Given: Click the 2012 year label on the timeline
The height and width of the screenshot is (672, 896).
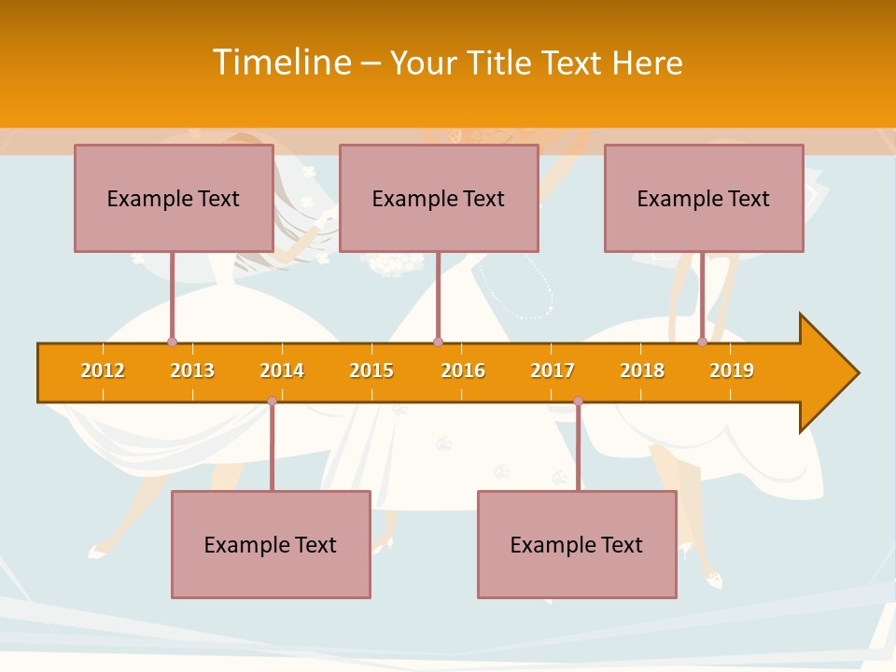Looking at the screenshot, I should point(103,371).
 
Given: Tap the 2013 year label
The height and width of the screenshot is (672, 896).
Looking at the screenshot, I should point(192,371).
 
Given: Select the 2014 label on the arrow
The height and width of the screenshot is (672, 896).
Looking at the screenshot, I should point(282,371).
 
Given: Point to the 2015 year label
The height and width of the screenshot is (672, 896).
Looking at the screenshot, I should point(371,371).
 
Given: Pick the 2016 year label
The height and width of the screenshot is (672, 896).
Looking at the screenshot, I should point(463,371).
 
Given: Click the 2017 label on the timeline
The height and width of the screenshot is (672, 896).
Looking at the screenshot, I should point(553,371).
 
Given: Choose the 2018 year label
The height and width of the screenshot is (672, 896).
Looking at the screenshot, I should point(642,371).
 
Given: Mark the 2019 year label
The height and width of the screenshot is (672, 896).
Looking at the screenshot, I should point(732,371).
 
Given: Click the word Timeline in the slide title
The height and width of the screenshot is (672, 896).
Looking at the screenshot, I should point(282,63).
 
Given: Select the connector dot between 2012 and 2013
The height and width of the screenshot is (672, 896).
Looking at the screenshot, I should point(172,342).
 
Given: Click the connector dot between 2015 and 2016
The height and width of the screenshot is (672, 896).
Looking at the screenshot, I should point(438,342).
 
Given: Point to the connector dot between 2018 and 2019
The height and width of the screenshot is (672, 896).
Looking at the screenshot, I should point(703,342).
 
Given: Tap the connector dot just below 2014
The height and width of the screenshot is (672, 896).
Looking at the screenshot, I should point(272,401).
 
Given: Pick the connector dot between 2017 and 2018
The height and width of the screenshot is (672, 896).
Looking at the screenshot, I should point(578,401).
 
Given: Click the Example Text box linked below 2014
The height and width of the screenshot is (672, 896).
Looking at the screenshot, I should point(271,544).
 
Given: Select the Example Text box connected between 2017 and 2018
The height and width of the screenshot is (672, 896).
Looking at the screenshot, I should point(577,544).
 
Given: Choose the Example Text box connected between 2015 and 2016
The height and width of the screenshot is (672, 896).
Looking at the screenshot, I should point(439,198).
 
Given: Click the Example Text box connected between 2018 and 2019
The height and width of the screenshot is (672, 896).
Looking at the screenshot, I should point(704,198).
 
